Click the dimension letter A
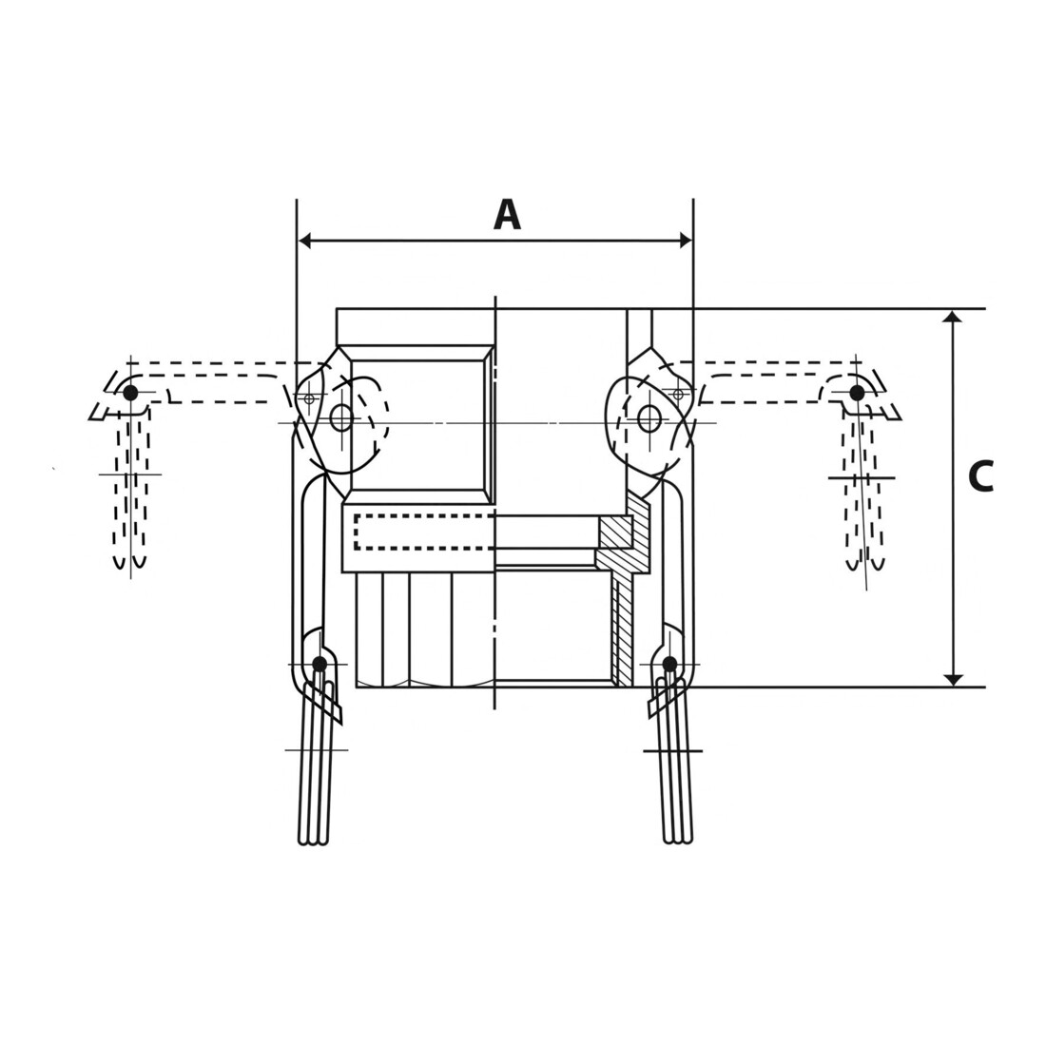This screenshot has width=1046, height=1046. pos(507,215)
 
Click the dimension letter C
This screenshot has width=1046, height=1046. pos(980,476)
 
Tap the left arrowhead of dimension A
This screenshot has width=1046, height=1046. pos(305,241)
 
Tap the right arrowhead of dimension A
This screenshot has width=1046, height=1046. pos(685,241)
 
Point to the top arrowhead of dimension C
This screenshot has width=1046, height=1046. pos(955,317)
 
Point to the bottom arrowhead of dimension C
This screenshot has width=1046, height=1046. pos(955,679)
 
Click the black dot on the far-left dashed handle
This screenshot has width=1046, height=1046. pos(131,392)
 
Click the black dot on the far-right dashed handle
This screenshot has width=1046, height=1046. pos(857,393)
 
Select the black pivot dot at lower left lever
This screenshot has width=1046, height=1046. pos(320,664)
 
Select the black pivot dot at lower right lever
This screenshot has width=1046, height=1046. pos(669,664)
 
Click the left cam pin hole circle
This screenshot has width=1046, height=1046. pos(340,418)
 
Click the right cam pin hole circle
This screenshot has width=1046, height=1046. pos(649,419)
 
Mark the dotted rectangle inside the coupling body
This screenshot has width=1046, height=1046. pos(424,532)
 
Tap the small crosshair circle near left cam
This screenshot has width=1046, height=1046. pos(308,399)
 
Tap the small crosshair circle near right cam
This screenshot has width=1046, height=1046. pos(678,395)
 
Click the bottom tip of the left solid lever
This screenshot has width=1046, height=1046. pos(313,842)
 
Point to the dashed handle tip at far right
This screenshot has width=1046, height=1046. pos(866,566)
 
